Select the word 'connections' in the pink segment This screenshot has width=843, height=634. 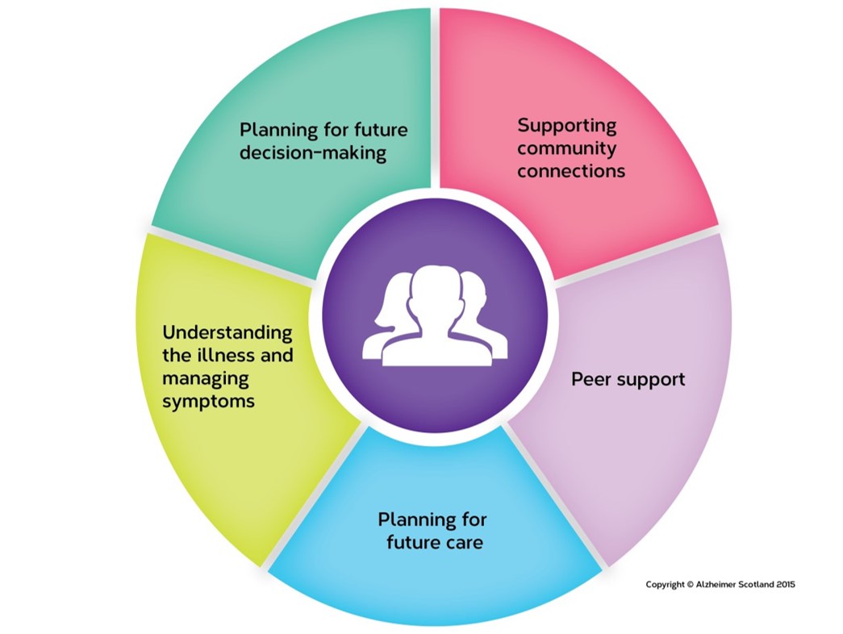(x=571, y=171)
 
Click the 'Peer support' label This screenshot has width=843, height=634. (x=628, y=379)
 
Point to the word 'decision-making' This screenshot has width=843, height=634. (x=313, y=152)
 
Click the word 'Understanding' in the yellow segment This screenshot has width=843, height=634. (x=227, y=333)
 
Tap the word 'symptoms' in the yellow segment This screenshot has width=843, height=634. (x=209, y=401)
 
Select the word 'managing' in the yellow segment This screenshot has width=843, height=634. (x=206, y=378)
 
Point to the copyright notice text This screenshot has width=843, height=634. (x=720, y=585)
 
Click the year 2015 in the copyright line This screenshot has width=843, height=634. (x=781, y=585)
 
